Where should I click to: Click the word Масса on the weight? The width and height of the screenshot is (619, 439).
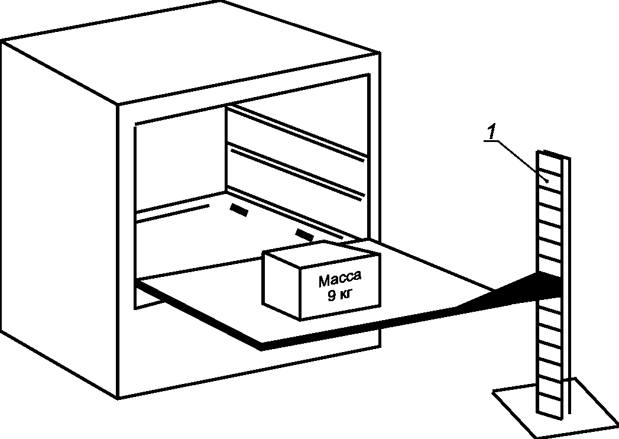(x=339, y=279)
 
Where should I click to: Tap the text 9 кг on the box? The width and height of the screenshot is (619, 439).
(x=339, y=295)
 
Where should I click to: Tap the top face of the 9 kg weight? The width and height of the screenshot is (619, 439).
(x=319, y=252)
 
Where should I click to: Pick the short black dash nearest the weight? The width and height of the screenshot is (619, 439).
(x=304, y=235)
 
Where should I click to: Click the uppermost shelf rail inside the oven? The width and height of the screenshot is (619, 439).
(x=296, y=133)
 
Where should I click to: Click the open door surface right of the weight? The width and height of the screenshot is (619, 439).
(x=426, y=278)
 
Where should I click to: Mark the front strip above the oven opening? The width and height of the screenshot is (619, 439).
(x=248, y=95)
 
